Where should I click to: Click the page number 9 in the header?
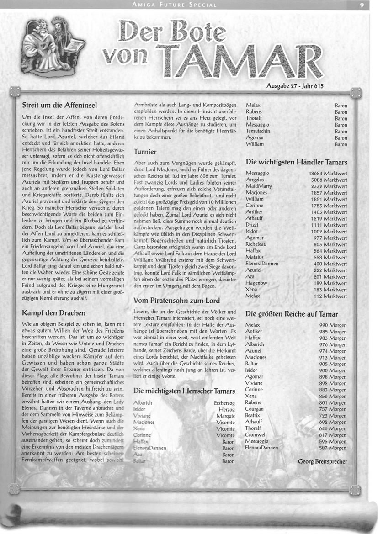coord(362,5)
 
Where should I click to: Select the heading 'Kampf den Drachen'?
coord(53,313)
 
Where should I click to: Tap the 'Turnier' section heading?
coord(145,151)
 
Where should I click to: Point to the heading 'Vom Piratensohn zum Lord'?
coord(176,301)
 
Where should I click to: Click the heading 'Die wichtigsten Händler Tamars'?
coord(296,162)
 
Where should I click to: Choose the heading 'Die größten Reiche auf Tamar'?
coord(292,314)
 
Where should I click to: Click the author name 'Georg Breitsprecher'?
coord(322,461)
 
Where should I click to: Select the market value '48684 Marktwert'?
coord(328,174)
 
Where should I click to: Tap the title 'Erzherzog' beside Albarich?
coord(224,403)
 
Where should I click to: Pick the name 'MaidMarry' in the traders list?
coord(260,186)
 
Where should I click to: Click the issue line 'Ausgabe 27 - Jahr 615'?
coord(294,85)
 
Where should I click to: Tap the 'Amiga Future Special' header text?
coord(174,5)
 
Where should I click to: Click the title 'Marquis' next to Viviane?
coord(224,416)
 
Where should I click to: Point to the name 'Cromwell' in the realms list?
coord(256,435)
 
